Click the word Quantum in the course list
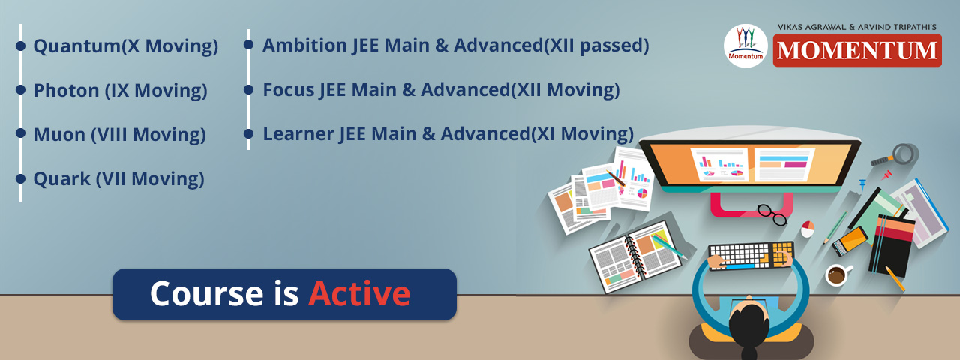coord(76,46)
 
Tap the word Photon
coord(67,91)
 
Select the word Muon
coord(59,134)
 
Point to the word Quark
coord(61,179)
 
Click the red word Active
coord(359,293)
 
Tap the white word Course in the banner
coord(206,293)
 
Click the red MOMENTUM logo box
coord(857,50)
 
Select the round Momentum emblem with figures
coord(745,46)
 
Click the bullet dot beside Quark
coord(20,178)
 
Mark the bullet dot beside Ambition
coord(248,44)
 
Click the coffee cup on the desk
coord(838,274)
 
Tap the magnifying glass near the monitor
coord(898,155)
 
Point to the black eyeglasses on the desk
coord(772,214)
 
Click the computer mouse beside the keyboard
coord(808,229)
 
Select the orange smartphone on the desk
coord(850,241)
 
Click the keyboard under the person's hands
coord(751,256)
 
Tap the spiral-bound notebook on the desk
coord(635,256)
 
